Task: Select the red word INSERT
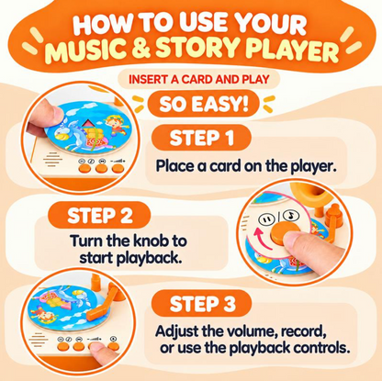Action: [x=148, y=80]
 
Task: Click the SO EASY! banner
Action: [x=203, y=104]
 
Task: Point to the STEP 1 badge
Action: [x=201, y=138]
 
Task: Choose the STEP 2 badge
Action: [x=99, y=215]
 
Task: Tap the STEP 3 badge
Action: [x=202, y=304]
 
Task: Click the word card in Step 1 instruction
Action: [x=223, y=166]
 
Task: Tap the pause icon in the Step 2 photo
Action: [x=264, y=219]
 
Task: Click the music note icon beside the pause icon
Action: [x=291, y=216]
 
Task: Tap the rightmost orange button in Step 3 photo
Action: [x=113, y=346]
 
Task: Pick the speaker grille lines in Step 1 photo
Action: [x=52, y=160]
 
